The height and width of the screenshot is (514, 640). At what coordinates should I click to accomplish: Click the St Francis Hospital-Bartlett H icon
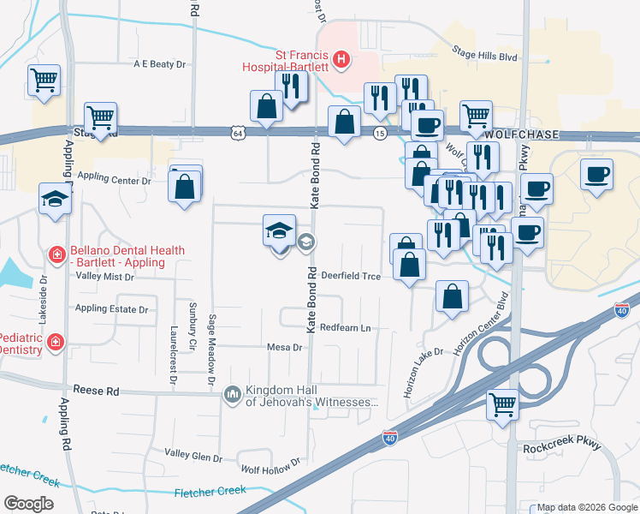pos(341,59)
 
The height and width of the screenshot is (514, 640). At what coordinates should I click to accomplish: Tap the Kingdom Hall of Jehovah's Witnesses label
pos(311,396)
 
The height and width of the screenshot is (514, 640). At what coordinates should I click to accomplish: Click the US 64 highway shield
pos(237,132)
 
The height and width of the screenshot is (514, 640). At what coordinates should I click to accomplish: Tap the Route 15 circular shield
pos(379,133)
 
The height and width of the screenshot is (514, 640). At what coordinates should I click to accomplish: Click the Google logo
pos(28,503)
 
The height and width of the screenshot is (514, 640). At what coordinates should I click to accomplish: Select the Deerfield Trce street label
pos(351,276)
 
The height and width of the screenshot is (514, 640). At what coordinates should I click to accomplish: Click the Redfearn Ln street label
pos(350,328)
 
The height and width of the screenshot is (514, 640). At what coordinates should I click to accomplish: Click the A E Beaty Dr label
pos(158,64)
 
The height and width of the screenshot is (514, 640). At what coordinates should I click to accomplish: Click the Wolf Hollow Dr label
pos(270,467)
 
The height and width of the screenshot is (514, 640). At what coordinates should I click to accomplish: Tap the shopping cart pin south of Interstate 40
pos(502,405)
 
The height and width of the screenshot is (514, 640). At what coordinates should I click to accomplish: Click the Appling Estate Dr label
pos(111,308)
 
